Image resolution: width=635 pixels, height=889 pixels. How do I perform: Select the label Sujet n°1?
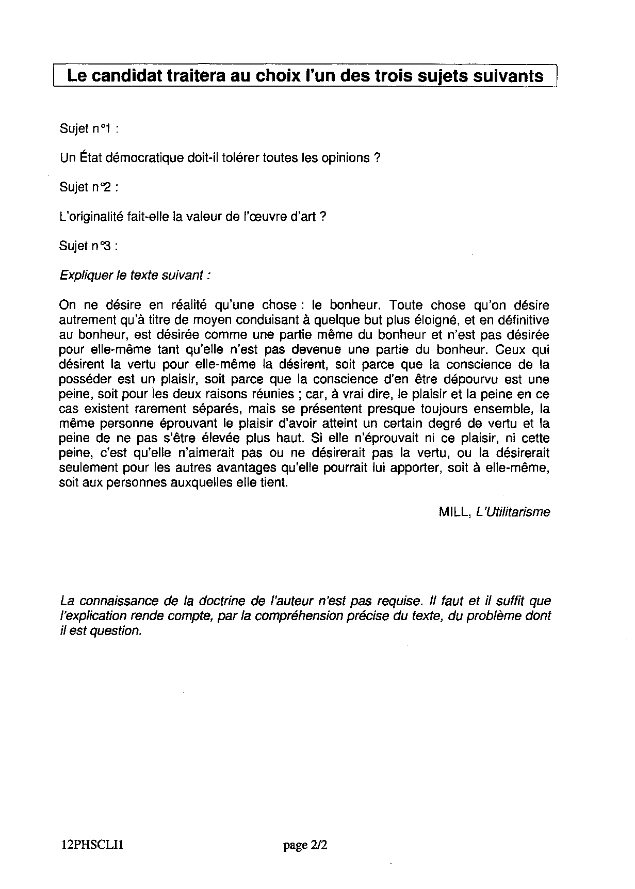pyautogui.click(x=89, y=128)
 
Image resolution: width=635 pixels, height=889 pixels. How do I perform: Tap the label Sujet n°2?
pyautogui.click(x=89, y=187)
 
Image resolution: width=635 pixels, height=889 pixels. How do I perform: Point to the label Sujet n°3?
pyautogui.click(x=89, y=246)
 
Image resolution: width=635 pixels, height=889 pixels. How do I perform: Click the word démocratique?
pyautogui.click(x=137, y=157)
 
